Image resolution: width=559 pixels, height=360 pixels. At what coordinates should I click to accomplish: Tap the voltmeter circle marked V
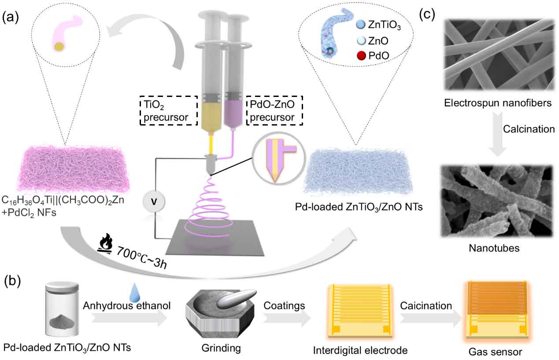pyautogui.click(x=154, y=202)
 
